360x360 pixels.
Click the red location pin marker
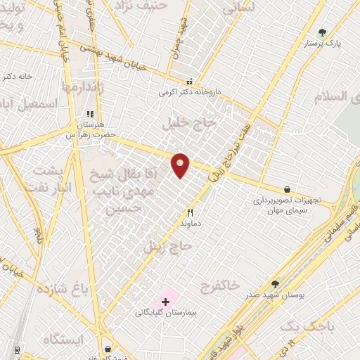(181, 165)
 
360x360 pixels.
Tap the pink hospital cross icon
(165, 302)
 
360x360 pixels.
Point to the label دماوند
(190, 222)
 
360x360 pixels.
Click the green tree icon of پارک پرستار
(322, 32)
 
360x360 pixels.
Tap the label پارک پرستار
(322, 44)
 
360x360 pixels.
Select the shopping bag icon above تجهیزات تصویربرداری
(288, 188)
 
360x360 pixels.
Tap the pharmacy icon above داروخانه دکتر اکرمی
(189, 81)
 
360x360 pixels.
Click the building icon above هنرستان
(89, 113)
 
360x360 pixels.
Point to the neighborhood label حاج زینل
(168, 246)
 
